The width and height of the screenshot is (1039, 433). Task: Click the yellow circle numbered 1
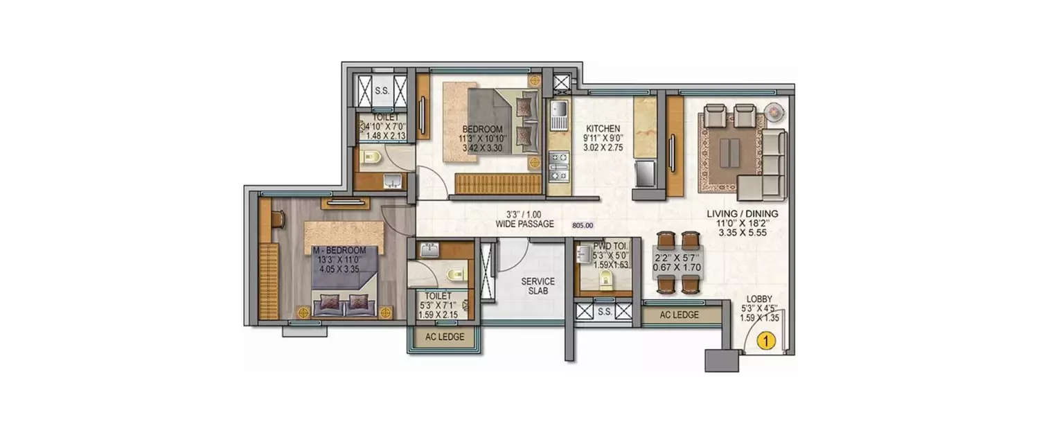(765, 340)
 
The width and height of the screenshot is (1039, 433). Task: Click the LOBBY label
(759, 299)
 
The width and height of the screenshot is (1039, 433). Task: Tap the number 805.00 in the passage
(583, 224)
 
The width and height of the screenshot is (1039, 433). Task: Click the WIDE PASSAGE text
(524, 224)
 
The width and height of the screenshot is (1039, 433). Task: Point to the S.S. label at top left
(381, 91)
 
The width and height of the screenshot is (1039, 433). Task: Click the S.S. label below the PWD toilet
(604, 312)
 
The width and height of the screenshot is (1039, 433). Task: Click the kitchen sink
(558, 110)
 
